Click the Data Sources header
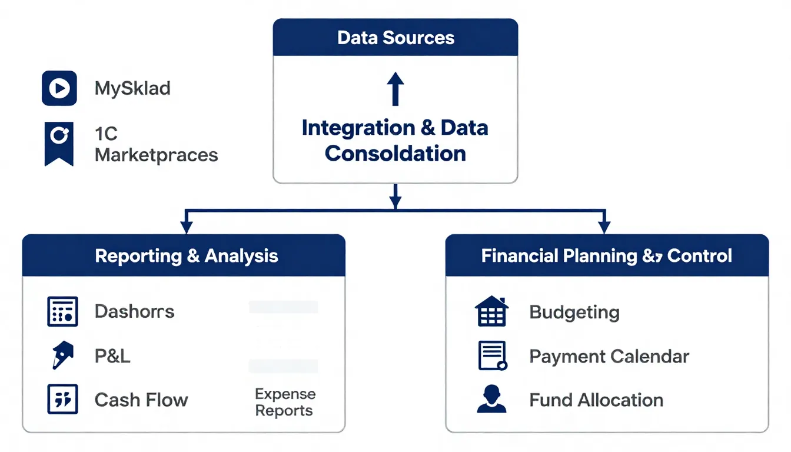pyautogui.click(x=395, y=38)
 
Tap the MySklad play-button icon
pyautogui.click(x=59, y=88)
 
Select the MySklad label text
pyautogui.click(x=132, y=89)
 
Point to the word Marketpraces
pyautogui.click(x=156, y=155)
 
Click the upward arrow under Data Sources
pyautogui.click(x=395, y=89)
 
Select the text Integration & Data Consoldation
pyautogui.click(x=395, y=141)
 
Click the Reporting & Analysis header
pyautogui.click(x=186, y=256)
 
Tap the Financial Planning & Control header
pyautogui.click(x=606, y=256)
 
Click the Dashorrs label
pyautogui.click(x=134, y=311)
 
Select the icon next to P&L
pyautogui.click(x=62, y=356)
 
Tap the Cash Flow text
pyautogui.click(x=141, y=400)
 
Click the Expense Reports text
pyautogui.click(x=285, y=402)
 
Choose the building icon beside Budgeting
pyautogui.click(x=491, y=311)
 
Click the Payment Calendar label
pyautogui.click(x=609, y=356)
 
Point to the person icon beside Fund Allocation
pyautogui.click(x=491, y=400)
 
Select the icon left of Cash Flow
pyautogui.click(x=62, y=400)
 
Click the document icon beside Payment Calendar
pyautogui.click(x=492, y=355)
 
